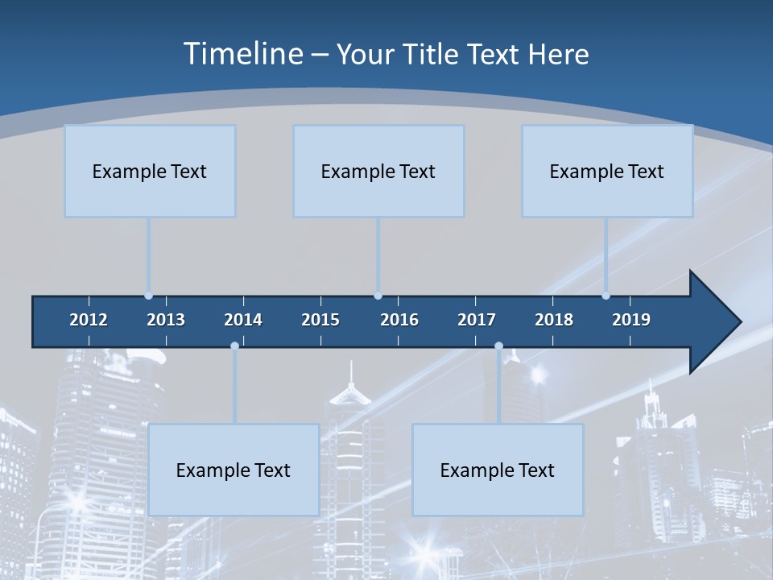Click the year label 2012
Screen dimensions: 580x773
pos(89,320)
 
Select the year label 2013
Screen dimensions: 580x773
pos(166,320)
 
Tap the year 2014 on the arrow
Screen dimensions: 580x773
pos(243,320)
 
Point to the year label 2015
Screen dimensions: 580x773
pos(320,320)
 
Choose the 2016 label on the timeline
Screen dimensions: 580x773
pos(399,320)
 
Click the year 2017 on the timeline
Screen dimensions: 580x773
pos(477,320)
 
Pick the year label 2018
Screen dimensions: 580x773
pos(554,320)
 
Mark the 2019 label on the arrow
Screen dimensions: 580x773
pos(631,320)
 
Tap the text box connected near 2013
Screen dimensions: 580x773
pos(150,171)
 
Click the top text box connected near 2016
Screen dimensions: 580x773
pos(378,171)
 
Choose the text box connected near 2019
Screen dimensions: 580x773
pos(607,171)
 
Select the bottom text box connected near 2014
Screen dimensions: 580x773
pos(234,470)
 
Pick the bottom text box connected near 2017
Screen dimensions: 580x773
pos(498,470)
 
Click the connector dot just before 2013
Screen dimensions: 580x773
pos(148,296)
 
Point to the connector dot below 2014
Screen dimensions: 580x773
pos(234,346)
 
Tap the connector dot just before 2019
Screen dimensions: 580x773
pos(606,296)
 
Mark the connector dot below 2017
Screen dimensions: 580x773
pos(498,346)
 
